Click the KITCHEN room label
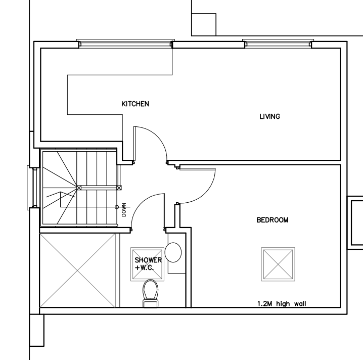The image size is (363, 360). [x=135, y=104]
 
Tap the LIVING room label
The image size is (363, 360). [x=269, y=116]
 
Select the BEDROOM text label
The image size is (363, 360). [x=273, y=220]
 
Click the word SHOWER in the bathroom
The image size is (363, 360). [x=148, y=260]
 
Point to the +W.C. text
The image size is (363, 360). [x=145, y=268]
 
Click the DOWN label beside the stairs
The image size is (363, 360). [x=124, y=210]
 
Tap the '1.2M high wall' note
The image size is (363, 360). [x=282, y=303]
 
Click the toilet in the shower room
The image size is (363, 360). [x=150, y=293]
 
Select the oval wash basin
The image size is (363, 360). [x=173, y=252]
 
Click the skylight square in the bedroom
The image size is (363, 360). [x=278, y=264]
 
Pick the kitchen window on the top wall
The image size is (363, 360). [x=125, y=43]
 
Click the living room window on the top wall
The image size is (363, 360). [x=278, y=43]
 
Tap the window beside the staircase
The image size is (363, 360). [x=32, y=188]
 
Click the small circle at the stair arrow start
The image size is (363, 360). [x=117, y=207]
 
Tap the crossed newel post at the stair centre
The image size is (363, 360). [x=79, y=188]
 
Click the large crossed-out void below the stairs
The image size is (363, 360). [x=77, y=271]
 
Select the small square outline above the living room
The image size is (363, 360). [x=204, y=25]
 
